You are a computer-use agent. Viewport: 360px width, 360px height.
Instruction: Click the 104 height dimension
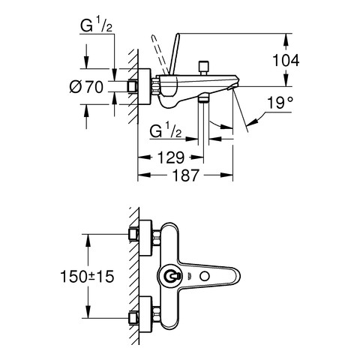coord(286,60)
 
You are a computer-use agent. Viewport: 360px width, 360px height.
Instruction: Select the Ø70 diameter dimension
coord(86,87)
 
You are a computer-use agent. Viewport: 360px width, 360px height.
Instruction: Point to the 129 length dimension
coord(171,157)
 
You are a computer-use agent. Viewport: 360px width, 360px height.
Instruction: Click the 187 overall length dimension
coord(185,175)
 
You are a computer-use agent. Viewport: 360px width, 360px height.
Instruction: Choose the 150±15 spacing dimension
coord(87,277)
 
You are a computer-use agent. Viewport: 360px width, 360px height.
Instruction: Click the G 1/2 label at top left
coord(96,26)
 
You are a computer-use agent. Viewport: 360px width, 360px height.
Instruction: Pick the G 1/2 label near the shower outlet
coord(166,131)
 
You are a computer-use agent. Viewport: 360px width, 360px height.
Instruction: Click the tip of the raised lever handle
coord(178,34)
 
